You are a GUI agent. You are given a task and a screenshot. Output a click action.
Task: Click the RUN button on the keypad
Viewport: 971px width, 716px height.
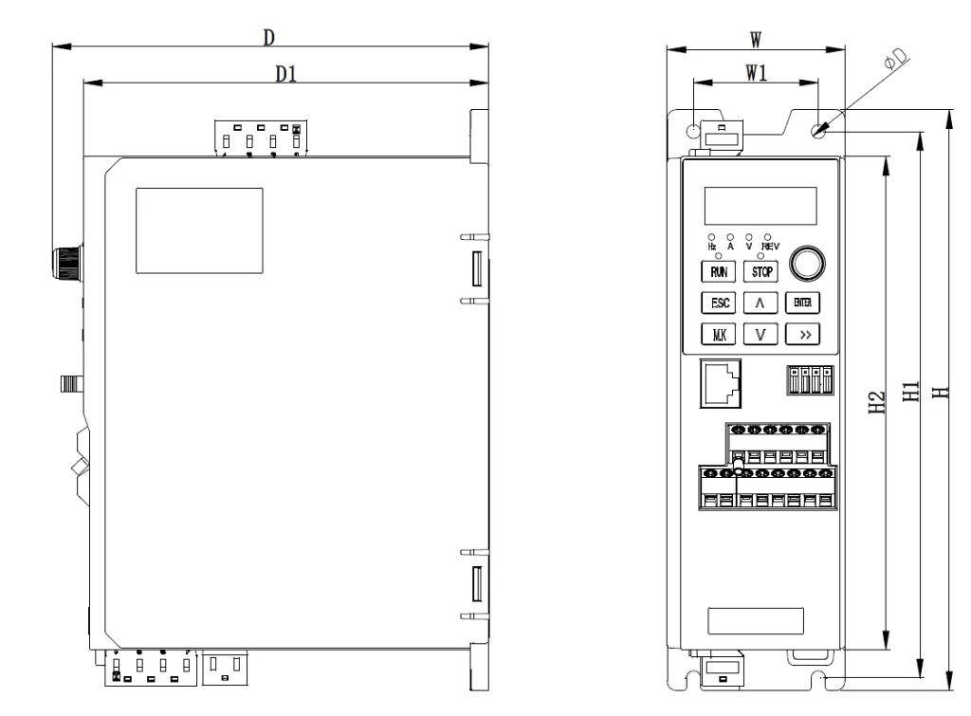coord(719,271)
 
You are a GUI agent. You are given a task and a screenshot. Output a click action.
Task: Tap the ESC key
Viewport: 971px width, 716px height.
coord(719,303)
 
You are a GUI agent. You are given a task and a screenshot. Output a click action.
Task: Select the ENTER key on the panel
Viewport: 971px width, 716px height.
coord(802,303)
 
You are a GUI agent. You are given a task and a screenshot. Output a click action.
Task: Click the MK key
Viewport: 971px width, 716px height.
coord(719,335)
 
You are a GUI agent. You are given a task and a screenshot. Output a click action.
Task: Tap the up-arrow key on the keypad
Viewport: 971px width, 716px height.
coord(760,303)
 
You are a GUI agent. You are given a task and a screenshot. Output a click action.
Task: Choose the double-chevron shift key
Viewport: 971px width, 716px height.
coord(802,335)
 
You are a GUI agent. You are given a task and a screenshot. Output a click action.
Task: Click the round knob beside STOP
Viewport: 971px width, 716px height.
coord(808,264)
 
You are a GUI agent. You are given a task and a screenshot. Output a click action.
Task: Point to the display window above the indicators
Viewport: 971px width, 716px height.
coord(760,206)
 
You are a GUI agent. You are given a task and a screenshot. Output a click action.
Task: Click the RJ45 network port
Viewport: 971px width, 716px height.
coord(721,383)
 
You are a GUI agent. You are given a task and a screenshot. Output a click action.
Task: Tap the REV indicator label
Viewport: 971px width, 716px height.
coord(770,247)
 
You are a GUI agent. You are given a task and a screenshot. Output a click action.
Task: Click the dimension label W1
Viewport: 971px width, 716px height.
coord(756,73)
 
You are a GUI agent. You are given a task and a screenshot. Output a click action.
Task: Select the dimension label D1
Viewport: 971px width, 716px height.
coord(286,74)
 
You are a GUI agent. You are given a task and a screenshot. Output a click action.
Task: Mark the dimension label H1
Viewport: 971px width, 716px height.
coord(910,392)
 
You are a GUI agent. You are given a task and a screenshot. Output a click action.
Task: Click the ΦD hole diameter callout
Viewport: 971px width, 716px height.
coord(896,59)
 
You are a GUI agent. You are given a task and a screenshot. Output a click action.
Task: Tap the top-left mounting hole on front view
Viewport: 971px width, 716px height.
coord(693,131)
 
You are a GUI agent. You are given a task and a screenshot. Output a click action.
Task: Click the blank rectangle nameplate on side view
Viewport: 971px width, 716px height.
coord(199,230)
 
